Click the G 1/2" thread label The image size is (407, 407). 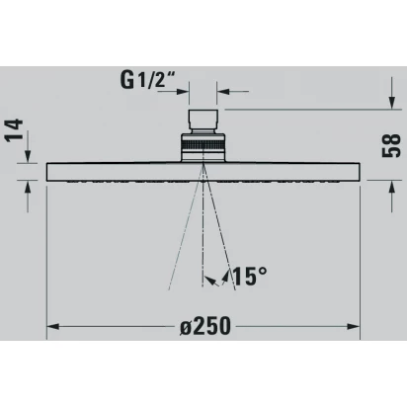146,79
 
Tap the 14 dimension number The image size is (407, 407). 15,130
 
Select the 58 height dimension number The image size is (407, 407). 391,145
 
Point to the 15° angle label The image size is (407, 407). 250,276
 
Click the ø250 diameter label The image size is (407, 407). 205,326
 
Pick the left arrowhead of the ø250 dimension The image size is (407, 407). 53,327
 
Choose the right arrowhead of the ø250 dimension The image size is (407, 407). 354,327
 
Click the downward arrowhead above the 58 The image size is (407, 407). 391,102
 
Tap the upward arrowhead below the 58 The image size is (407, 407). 391,188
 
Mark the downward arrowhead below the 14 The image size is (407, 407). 28,156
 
